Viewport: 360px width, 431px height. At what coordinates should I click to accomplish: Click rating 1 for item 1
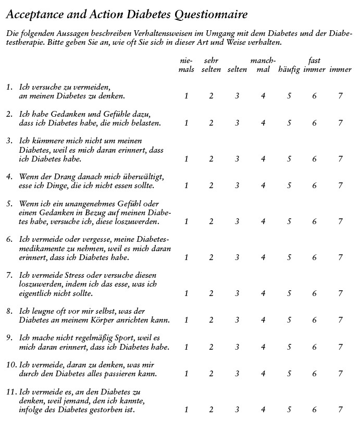coord(186,96)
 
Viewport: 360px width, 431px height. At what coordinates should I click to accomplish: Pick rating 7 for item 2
coord(340,123)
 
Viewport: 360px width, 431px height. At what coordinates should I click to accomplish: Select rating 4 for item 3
coord(263,159)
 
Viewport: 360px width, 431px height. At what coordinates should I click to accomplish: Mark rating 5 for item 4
coord(289,186)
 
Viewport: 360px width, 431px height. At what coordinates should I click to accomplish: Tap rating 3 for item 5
coord(237,221)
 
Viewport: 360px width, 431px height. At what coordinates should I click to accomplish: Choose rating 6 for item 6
coord(315,257)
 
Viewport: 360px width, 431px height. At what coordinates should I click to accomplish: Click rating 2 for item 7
coord(211,293)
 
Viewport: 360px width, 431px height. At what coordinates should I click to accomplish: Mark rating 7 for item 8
coord(340,320)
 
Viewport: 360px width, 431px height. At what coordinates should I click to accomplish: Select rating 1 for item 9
coord(186,347)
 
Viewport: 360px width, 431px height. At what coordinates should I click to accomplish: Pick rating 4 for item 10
coord(263,374)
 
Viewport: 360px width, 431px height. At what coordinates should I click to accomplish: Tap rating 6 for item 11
coord(315,410)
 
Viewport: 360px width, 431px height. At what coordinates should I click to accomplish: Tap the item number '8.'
coord(9,311)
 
